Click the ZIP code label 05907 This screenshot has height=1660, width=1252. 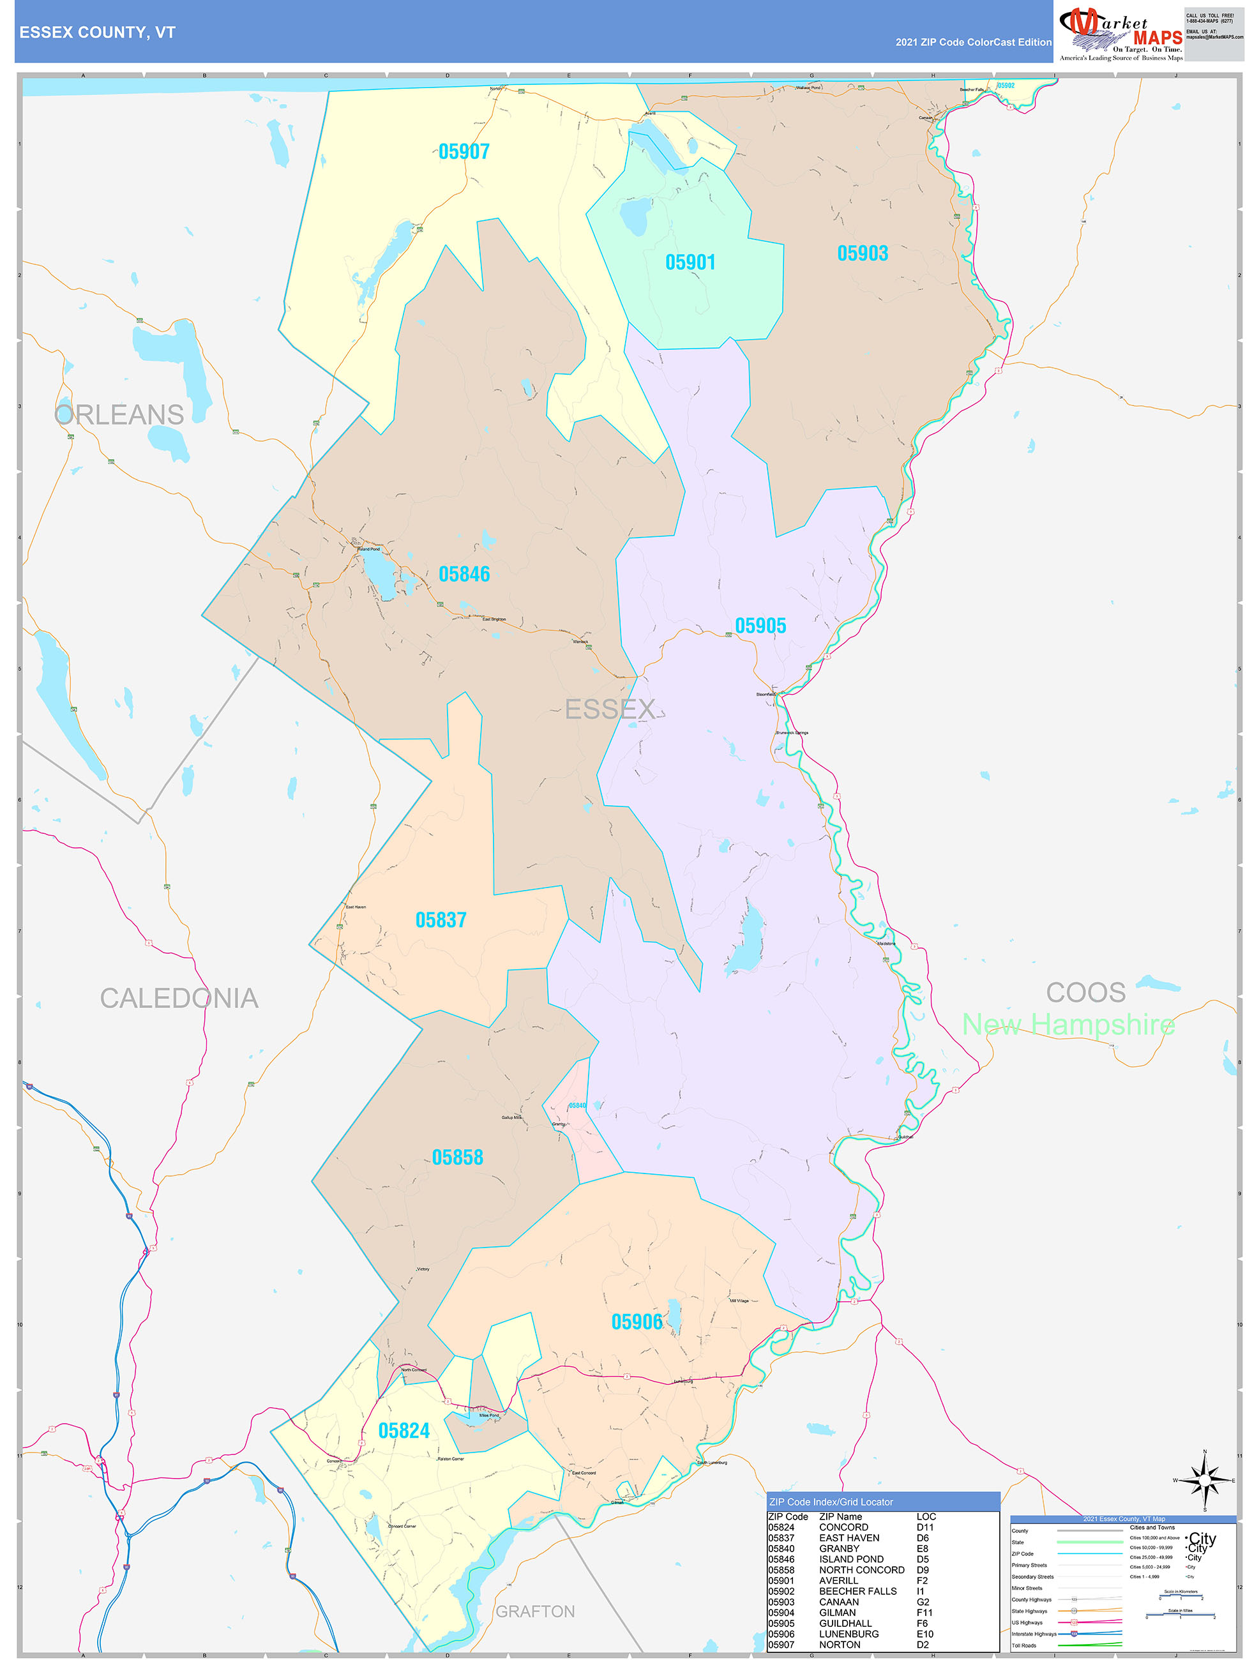(x=464, y=151)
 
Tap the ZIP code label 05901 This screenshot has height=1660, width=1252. (x=690, y=262)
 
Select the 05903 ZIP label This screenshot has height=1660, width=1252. (x=863, y=253)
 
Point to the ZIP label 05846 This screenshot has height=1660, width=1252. (x=464, y=574)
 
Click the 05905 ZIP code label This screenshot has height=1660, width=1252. (x=760, y=626)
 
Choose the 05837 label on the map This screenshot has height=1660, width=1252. (x=441, y=920)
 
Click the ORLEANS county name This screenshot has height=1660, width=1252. (x=119, y=415)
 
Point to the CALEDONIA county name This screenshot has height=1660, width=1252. (x=179, y=998)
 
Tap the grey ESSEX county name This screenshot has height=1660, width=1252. (x=610, y=709)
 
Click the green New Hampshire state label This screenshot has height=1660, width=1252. (x=1068, y=1024)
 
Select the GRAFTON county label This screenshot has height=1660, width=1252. (x=535, y=1611)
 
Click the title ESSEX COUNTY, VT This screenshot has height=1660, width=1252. (x=97, y=33)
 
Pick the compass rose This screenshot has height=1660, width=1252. (x=1205, y=1481)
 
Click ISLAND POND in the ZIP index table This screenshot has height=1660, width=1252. (x=850, y=1558)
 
